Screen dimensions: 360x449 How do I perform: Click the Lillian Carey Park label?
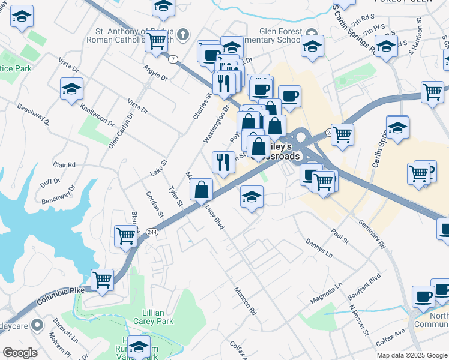click(158, 317)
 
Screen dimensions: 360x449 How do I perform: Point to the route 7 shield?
click(173, 59)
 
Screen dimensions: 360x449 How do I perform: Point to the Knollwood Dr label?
click(97, 114)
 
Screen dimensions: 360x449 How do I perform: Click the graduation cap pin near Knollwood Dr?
click(71, 89)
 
